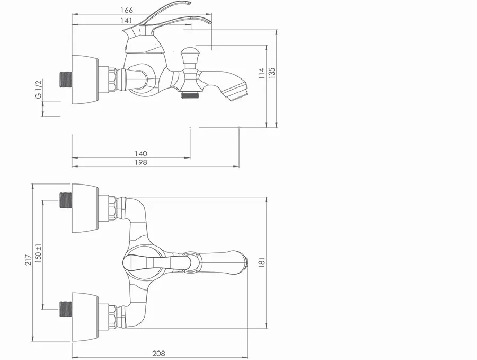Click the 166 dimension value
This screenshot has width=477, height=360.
(x=127, y=10)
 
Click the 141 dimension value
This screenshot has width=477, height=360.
(x=127, y=20)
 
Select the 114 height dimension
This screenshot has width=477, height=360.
(x=262, y=73)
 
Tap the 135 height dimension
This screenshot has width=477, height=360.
(x=272, y=73)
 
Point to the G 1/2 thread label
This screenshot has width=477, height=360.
(x=38, y=90)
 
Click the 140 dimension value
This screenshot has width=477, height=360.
(x=141, y=154)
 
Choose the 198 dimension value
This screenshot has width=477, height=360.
(x=141, y=162)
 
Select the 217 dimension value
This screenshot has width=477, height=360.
(x=28, y=260)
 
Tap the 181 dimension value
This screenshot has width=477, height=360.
(x=262, y=262)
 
